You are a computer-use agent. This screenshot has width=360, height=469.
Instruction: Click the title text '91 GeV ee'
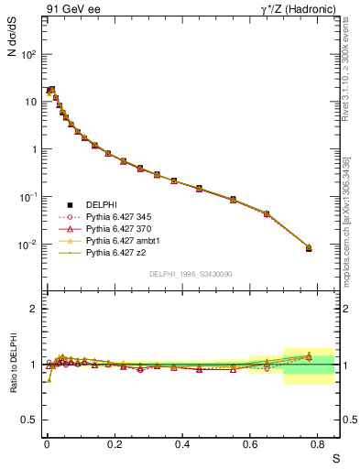[x=71, y=10]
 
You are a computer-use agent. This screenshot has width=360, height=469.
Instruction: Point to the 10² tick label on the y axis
[x=28, y=54]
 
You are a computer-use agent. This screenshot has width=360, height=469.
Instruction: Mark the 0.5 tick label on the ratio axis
[x=29, y=420]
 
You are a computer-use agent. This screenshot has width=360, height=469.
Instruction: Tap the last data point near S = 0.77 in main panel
[x=309, y=248]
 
